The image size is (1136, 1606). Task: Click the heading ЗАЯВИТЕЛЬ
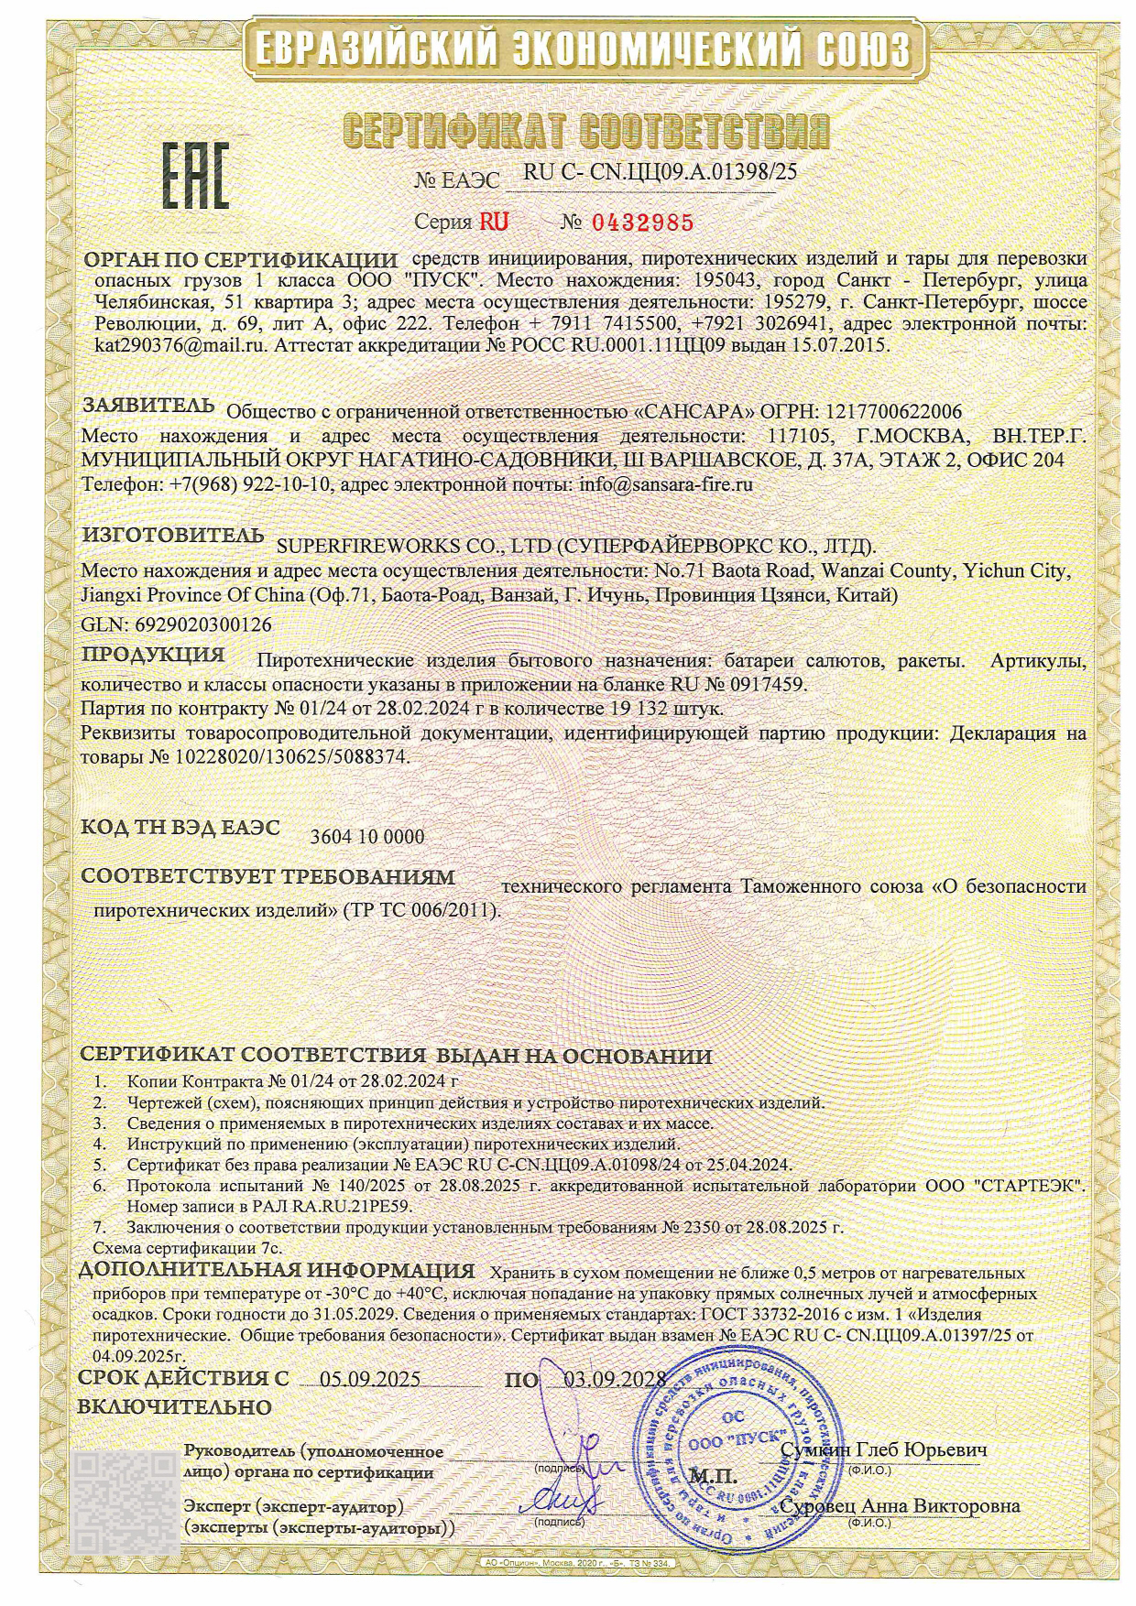[x=149, y=406]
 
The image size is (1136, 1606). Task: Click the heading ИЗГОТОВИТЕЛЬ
[x=173, y=535]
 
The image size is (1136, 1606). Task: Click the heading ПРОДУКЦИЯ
[x=153, y=655]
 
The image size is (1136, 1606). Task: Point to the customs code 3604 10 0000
[x=367, y=837]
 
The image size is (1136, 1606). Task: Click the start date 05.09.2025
[x=370, y=1380]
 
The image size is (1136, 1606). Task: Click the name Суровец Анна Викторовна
[x=900, y=1506]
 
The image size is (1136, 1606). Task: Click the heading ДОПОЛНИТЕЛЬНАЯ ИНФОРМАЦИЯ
[x=276, y=1271]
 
